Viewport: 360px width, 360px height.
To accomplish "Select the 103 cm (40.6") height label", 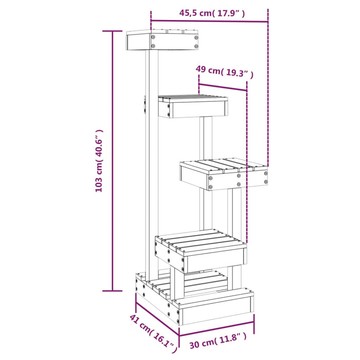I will point(99,161).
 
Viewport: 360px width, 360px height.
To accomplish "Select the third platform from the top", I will point(224,174).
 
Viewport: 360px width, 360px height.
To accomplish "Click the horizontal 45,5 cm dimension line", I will point(209,22).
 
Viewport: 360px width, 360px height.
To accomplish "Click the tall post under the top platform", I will point(152,154).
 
